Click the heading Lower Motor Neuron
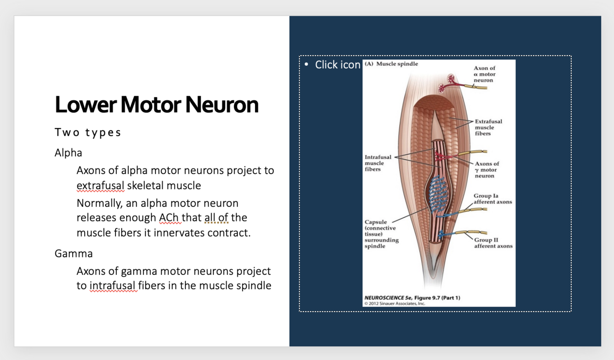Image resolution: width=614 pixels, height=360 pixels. coord(156,105)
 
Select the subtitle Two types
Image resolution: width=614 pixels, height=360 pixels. coord(88,133)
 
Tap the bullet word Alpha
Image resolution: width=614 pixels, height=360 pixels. coord(69,152)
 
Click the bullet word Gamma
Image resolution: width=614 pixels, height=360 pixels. coord(74,253)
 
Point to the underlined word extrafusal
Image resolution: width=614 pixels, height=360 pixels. coord(100,186)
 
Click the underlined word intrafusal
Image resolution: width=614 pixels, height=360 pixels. coord(113,285)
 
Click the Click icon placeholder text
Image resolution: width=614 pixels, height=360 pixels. coord(337,65)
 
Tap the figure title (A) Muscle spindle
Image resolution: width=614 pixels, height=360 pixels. coord(392,64)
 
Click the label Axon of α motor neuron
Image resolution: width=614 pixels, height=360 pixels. coord(484,74)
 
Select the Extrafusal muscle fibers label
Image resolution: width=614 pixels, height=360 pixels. coord(488,128)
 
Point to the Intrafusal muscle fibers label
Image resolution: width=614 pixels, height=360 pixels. coord(378,163)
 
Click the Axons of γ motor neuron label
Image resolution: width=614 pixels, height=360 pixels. coord(486,169)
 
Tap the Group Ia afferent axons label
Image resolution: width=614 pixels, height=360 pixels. coord(492,199)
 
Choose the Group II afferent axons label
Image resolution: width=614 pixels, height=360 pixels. coord(493,243)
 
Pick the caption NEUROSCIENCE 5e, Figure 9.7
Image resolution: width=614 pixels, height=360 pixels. coord(412,298)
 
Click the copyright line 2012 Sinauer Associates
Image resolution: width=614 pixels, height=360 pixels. coord(394,303)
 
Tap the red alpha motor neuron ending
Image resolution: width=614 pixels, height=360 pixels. coord(446,83)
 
